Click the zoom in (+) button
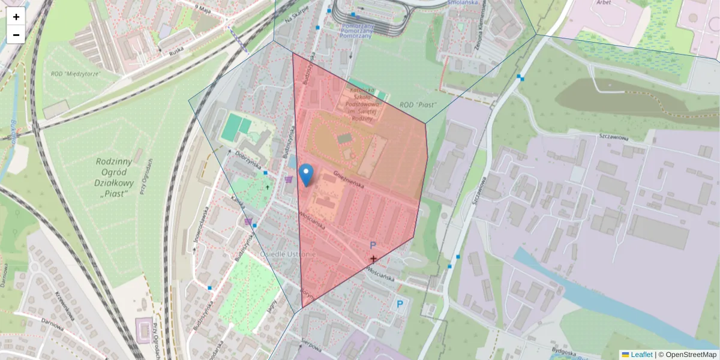(16, 17)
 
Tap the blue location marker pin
(306, 175)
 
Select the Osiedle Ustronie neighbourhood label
(289, 254)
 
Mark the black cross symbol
(373, 259)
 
